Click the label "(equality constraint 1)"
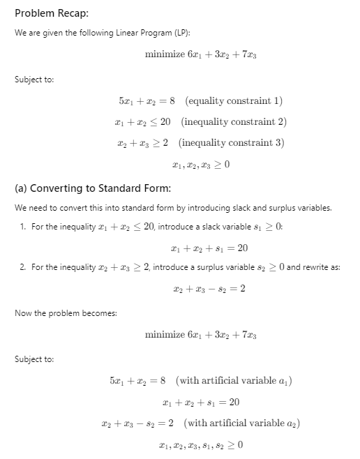(234, 101)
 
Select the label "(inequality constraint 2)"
(234, 122)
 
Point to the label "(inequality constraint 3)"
(232, 143)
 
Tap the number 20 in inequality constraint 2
(165, 122)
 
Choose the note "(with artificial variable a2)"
(241, 423)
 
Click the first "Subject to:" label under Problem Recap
(34, 79)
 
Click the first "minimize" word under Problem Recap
(165, 54)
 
